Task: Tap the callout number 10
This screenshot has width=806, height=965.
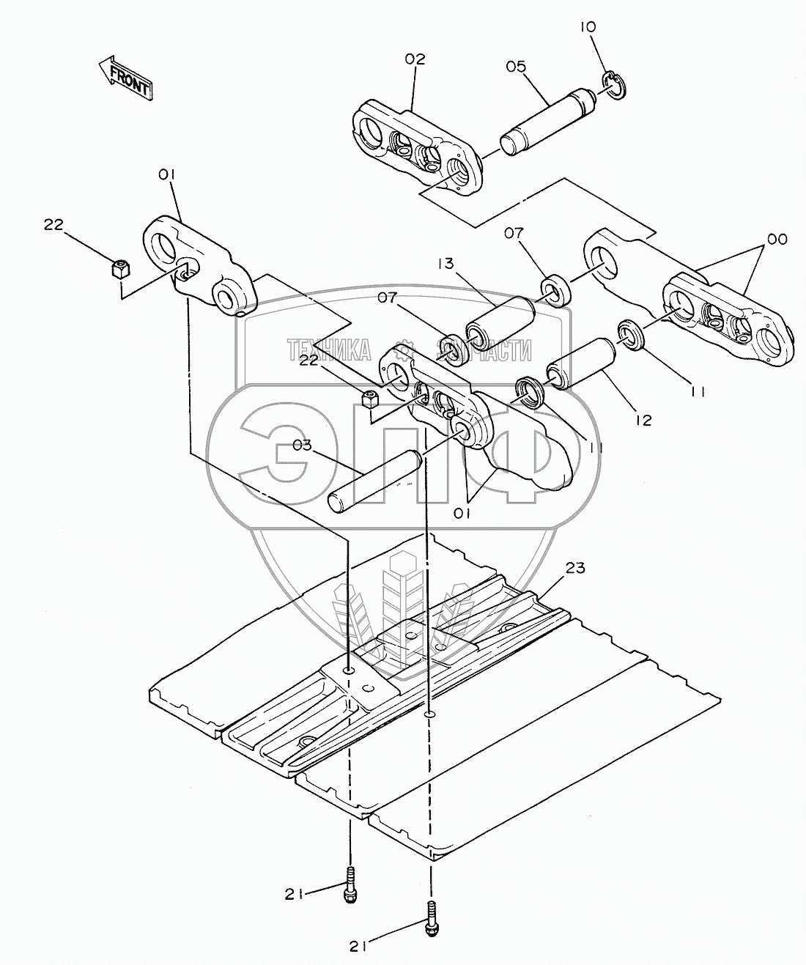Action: (x=588, y=27)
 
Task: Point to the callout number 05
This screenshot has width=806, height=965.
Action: (x=516, y=67)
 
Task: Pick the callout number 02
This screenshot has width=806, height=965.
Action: (x=415, y=59)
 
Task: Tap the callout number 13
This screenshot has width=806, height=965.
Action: (x=445, y=264)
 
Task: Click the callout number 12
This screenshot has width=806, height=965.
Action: (x=643, y=420)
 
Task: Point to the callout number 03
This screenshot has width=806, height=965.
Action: (x=303, y=445)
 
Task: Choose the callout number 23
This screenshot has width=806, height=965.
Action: (x=575, y=568)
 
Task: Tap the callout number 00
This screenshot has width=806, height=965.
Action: (x=777, y=240)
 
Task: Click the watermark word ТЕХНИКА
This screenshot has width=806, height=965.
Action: (x=329, y=350)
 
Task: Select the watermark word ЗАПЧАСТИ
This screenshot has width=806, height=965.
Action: (x=484, y=350)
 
